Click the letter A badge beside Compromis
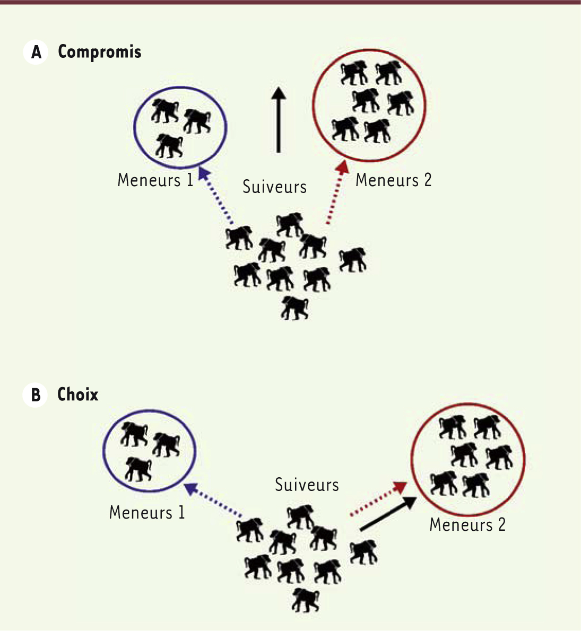[x=36, y=52]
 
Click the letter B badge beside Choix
[x=36, y=395]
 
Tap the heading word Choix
[x=77, y=395]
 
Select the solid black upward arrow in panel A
[x=278, y=119]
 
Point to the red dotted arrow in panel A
[x=336, y=192]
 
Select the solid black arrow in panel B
[x=388, y=514]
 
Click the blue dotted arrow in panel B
[x=213, y=499]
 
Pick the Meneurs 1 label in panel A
[x=155, y=180]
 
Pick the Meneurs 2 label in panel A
[x=393, y=180]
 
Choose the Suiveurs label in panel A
[x=275, y=187]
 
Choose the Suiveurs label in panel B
[x=307, y=485]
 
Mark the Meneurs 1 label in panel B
[x=147, y=513]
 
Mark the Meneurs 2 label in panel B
[x=467, y=525]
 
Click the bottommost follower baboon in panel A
[x=295, y=308]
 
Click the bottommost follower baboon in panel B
[x=306, y=600]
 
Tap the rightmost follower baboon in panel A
[x=353, y=260]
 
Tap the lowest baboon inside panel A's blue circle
[x=169, y=146]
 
